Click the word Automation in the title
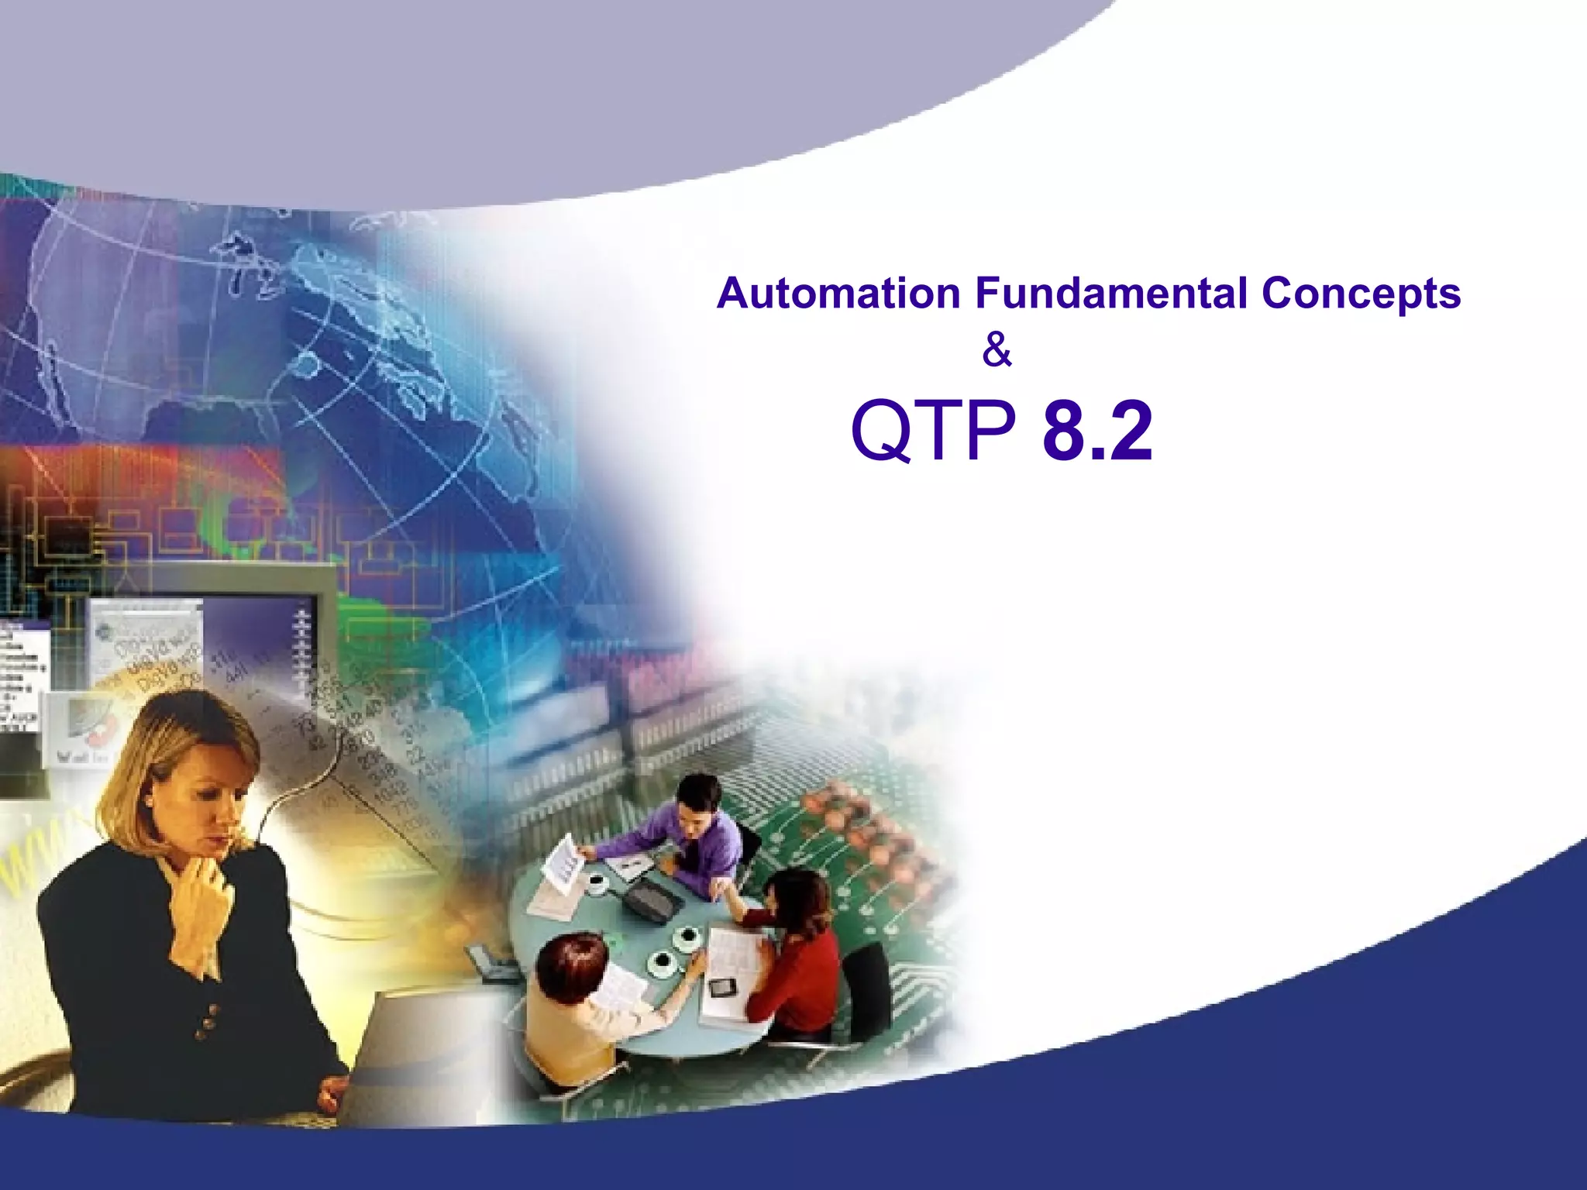click(x=838, y=294)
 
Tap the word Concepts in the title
click(x=1361, y=294)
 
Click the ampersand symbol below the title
click(x=997, y=351)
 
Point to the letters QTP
click(x=933, y=431)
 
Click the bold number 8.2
click(x=1097, y=431)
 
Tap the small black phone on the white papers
click(x=722, y=988)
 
